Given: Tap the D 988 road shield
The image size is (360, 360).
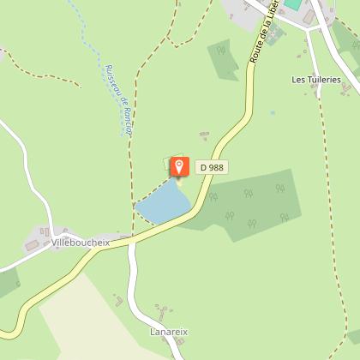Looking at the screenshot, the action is (x=211, y=168).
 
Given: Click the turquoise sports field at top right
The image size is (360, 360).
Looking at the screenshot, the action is (x=294, y=5).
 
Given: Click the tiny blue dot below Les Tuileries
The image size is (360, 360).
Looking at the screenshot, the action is (x=273, y=112).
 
